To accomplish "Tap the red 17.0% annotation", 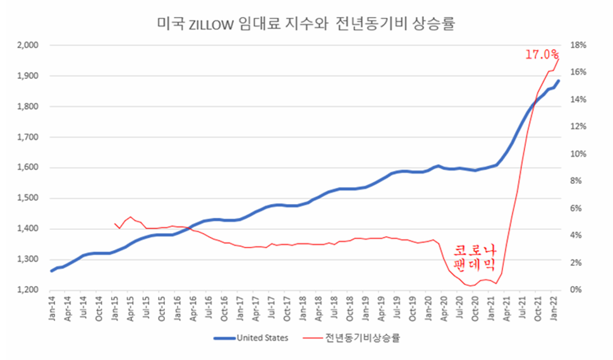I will (541, 55).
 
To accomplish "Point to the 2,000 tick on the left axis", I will (28, 45).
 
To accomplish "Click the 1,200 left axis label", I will (28, 290).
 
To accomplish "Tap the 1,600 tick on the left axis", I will (28, 168).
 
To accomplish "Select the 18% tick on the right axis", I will (580, 45).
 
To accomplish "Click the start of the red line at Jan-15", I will (115, 224).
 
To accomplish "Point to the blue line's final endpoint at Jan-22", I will (558, 81).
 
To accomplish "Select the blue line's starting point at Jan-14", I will (52, 271).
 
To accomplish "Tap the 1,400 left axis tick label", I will (28, 229).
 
